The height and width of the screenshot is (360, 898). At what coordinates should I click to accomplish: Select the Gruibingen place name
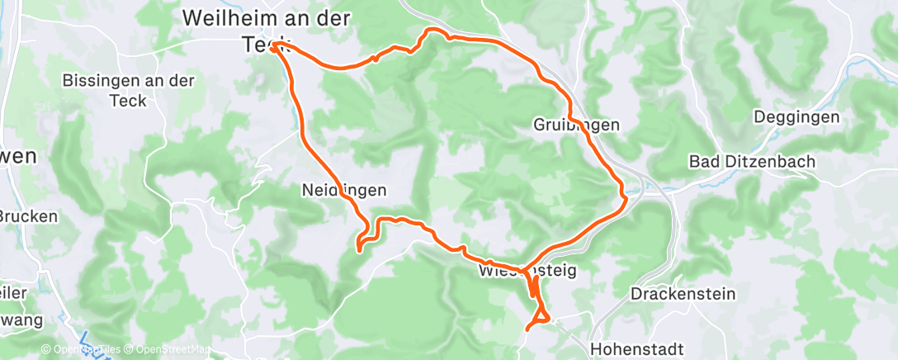[x=576, y=125]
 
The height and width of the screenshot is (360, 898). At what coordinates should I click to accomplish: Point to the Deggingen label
[x=796, y=117]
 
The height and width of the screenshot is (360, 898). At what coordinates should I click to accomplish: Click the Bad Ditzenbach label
[x=752, y=161]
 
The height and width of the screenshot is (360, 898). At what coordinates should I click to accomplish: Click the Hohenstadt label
[x=636, y=348]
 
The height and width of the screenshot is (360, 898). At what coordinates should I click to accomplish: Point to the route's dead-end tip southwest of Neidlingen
[x=358, y=247]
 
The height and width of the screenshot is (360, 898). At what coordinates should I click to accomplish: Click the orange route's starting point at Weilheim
[x=272, y=48]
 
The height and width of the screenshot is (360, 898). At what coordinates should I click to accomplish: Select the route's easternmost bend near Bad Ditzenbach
[x=625, y=197]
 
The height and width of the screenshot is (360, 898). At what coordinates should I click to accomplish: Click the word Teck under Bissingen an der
[x=128, y=100]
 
